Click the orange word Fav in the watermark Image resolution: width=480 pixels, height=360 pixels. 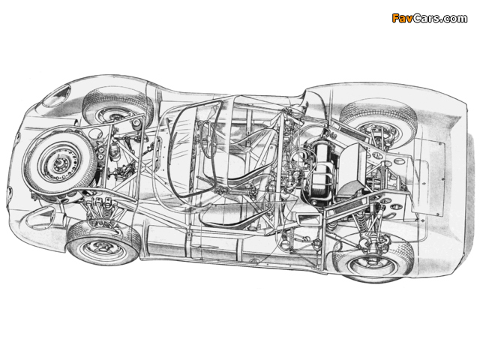(402, 18)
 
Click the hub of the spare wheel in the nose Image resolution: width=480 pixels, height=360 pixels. (58, 163)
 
